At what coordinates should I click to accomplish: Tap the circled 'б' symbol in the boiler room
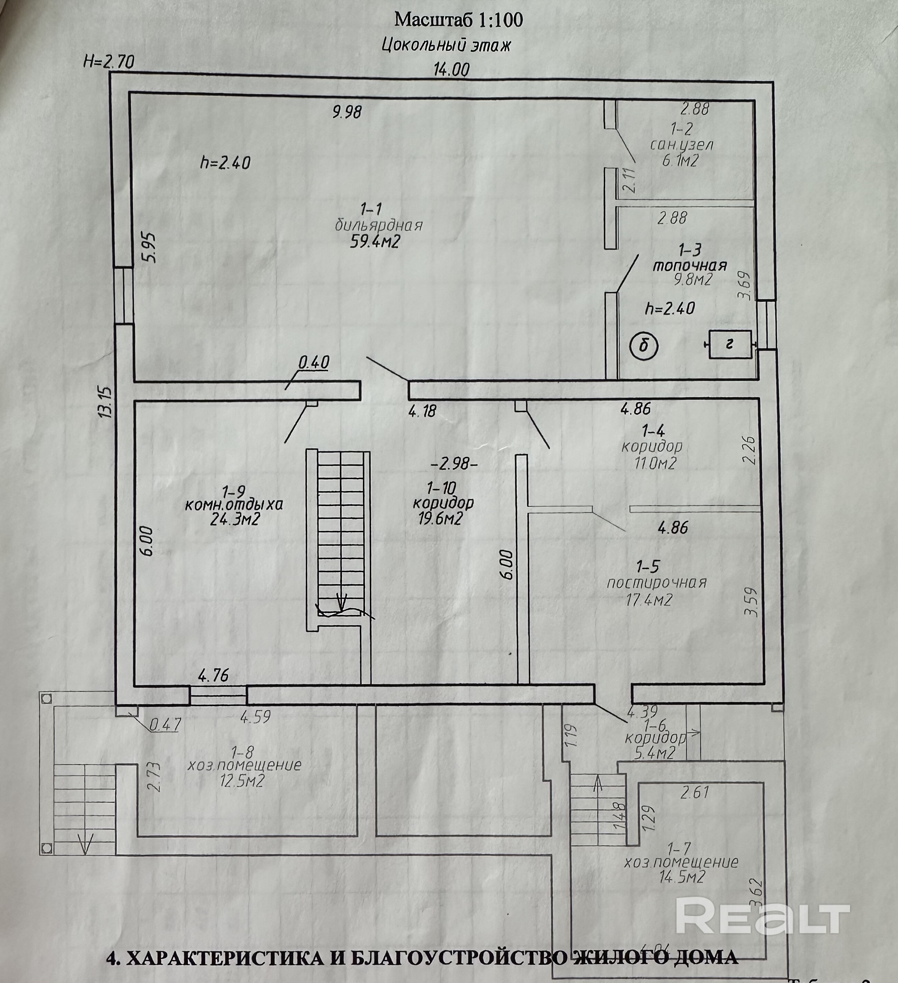[x=644, y=346]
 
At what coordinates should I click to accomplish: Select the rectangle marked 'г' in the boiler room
[x=730, y=345]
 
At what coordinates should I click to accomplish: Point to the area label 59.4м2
[x=375, y=242]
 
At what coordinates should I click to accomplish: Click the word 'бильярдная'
[x=378, y=225]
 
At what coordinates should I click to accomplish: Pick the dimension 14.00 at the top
[x=452, y=70]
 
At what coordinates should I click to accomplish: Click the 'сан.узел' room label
[x=682, y=145]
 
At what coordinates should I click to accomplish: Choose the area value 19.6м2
[x=440, y=519]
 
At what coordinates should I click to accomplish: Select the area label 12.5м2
[x=242, y=781]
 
